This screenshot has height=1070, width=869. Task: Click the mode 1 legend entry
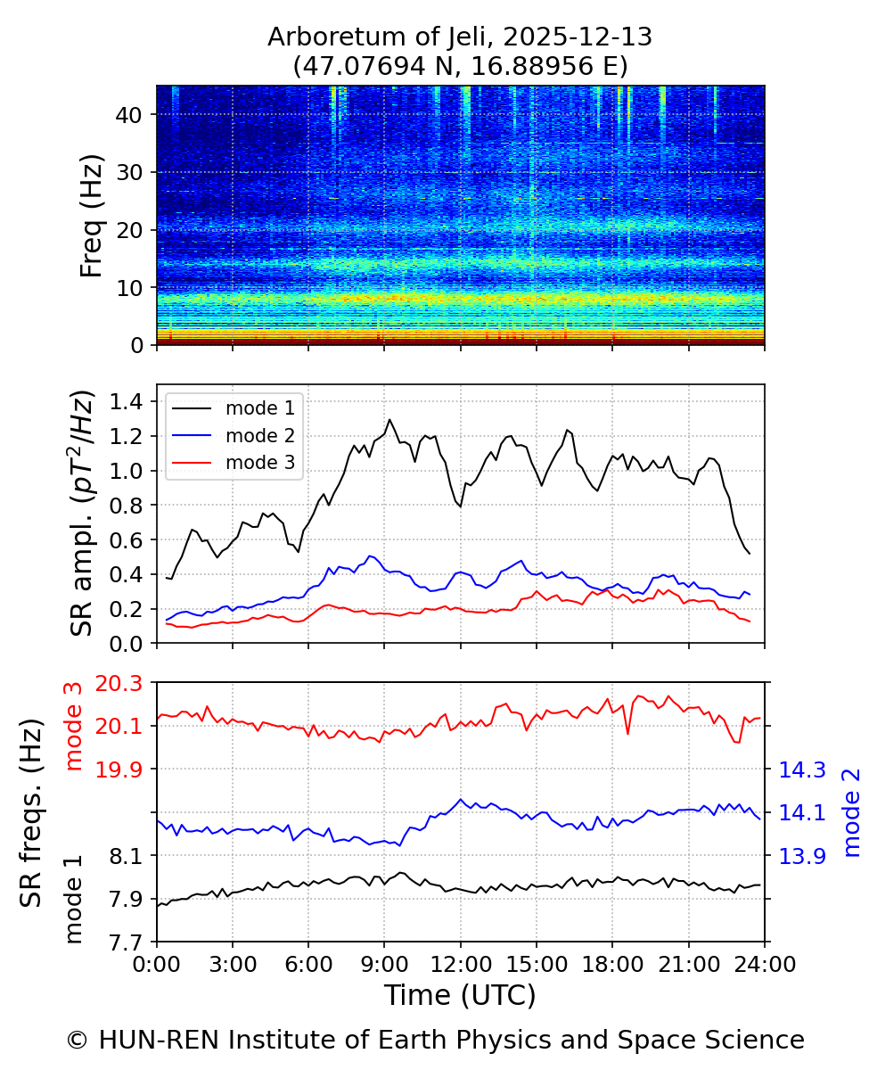(259, 408)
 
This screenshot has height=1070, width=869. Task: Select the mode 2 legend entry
(259, 435)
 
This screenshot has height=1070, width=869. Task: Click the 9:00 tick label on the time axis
(384, 964)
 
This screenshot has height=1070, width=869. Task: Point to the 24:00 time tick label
(764, 964)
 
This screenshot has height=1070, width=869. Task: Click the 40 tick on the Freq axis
(135, 114)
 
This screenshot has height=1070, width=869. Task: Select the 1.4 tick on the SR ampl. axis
(127, 401)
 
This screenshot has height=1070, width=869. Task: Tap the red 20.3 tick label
(118, 683)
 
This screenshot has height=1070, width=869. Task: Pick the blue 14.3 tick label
(801, 770)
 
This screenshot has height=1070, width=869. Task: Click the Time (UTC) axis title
(460, 995)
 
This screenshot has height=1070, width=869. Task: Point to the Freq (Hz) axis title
(91, 215)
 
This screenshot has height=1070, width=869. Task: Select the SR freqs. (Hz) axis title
(32, 812)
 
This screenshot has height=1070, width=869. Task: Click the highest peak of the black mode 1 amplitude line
(389, 419)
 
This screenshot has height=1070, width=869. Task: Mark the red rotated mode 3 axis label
(74, 726)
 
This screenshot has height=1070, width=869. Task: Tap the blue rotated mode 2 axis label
(852, 812)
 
